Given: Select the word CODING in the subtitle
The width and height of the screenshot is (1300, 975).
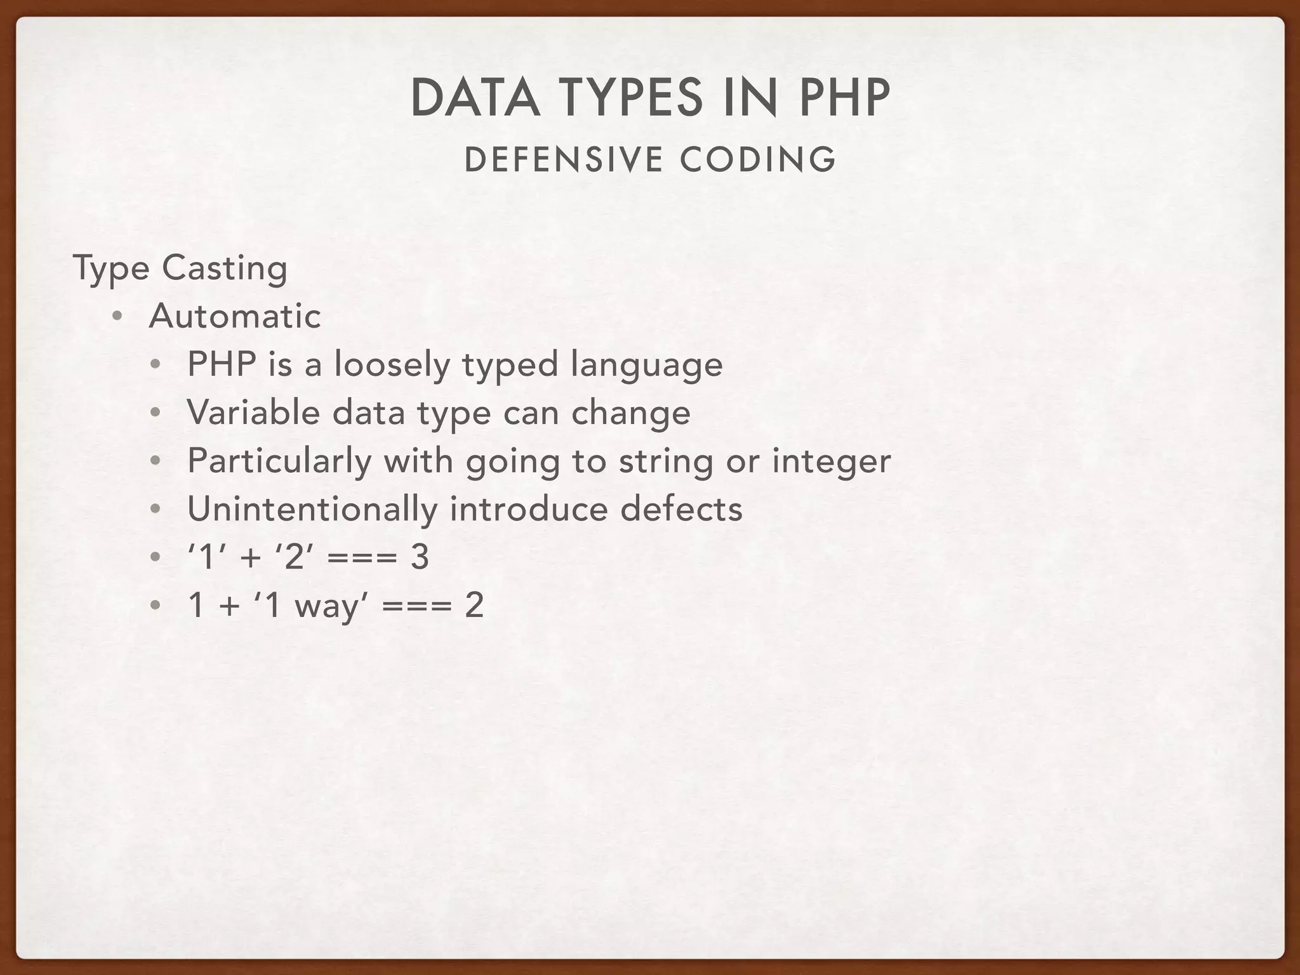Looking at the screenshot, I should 758,159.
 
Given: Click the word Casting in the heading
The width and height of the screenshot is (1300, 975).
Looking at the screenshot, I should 225,268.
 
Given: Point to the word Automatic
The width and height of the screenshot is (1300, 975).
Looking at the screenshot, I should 235,316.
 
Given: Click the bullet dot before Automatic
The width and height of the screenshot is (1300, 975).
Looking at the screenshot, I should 117,316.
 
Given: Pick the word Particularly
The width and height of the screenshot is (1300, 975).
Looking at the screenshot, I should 279,461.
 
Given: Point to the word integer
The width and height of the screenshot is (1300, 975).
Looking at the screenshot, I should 832,461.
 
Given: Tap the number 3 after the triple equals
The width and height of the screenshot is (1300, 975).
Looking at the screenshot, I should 420,557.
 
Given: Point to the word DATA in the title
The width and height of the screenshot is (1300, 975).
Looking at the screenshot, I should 475,98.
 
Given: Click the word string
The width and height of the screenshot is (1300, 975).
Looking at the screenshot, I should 666,461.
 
